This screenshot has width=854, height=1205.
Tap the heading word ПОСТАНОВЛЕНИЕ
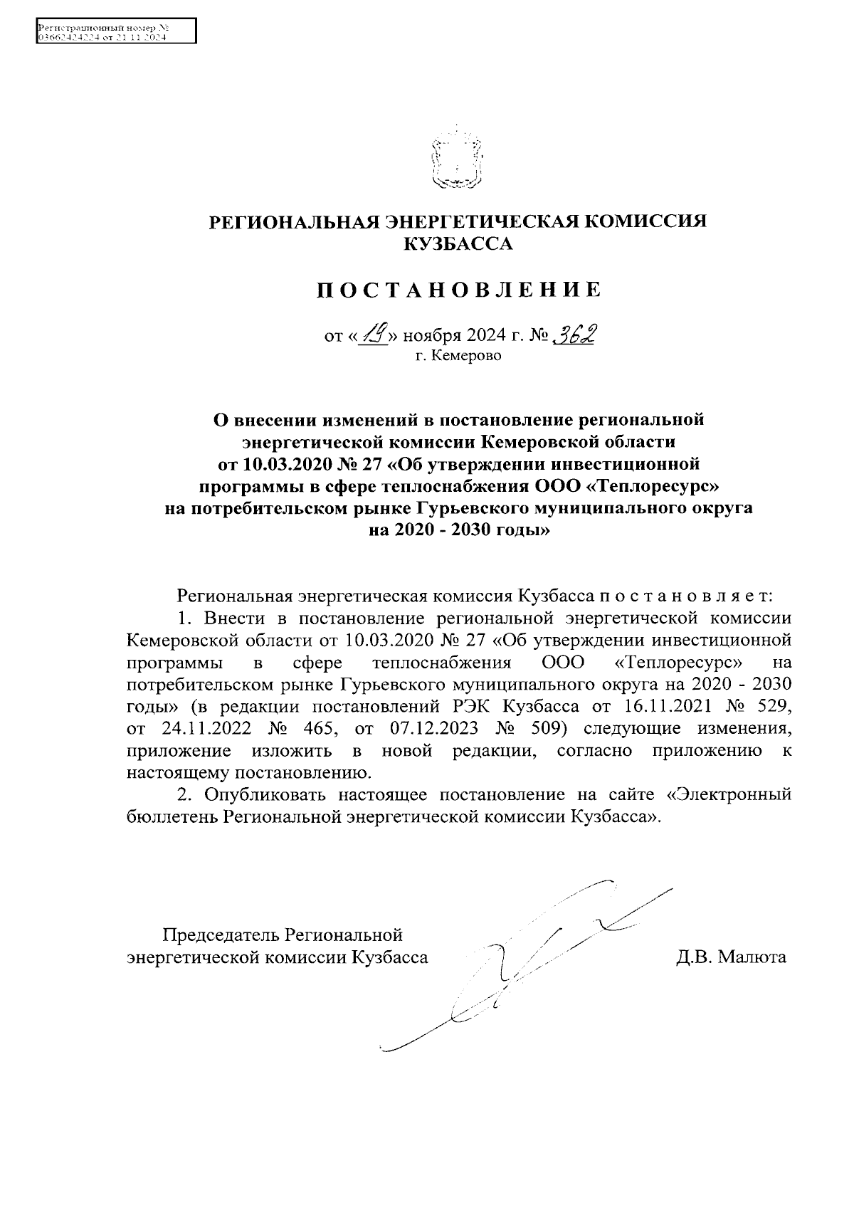[458, 290]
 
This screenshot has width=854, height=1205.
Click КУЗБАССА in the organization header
[458, 245]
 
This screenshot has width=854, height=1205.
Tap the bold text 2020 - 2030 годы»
[458, 530]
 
